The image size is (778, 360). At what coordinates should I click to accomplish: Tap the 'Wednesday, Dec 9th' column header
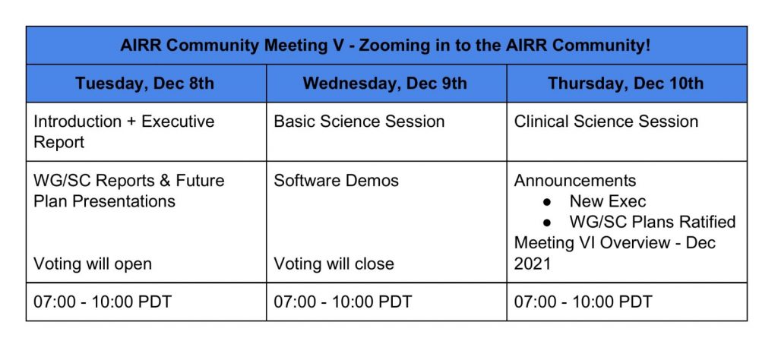tap(385, 84)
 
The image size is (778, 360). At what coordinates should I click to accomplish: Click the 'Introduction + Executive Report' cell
tap(124, 131)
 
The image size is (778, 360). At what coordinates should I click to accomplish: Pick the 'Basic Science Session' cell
tap(359, 122)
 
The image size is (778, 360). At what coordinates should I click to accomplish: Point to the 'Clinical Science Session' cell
tap(606, 122)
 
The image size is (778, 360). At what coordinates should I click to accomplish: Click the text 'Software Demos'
tap(336, 181)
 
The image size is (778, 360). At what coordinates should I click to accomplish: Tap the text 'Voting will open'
tap(93, 264)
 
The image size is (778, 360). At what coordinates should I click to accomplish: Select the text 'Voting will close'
tap(334, 264)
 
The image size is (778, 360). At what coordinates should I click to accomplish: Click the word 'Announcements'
tap(575, 181)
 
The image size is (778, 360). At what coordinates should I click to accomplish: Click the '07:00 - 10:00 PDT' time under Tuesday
tap(103, 302)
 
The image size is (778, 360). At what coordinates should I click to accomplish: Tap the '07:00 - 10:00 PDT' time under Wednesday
tap(343, 302)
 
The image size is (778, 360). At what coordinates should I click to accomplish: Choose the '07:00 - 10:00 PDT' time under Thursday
tap(583, 302)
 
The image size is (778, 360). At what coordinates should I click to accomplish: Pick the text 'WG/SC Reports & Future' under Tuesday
tap(129, 181)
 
